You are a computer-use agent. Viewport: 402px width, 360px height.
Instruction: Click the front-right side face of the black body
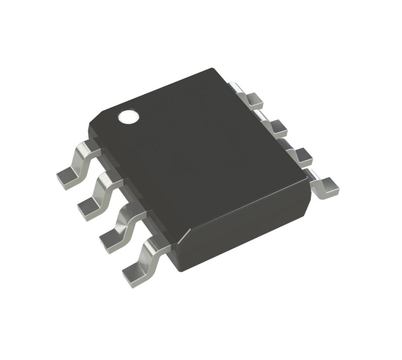248,224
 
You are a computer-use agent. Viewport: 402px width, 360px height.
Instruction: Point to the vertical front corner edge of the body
183,248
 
